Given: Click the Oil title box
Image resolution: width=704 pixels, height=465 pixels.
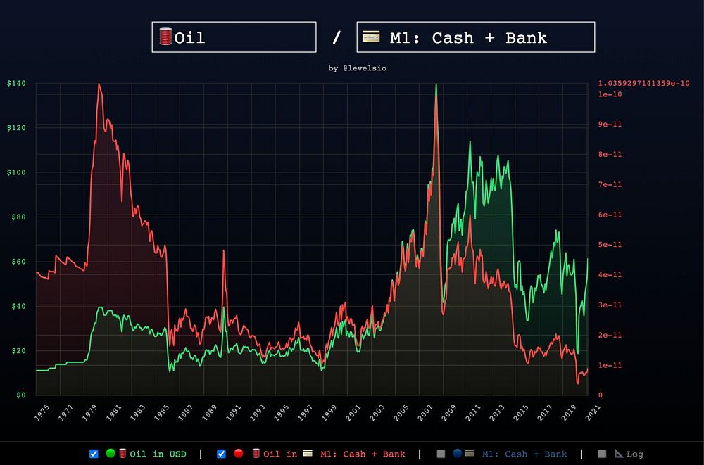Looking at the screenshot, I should [234, 37].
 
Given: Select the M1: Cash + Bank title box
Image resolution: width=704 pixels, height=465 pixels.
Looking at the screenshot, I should [476, 37].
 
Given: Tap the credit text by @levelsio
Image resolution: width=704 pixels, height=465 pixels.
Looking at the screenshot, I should [357, 68].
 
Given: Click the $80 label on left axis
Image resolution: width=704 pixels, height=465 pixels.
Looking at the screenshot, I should [18, 217].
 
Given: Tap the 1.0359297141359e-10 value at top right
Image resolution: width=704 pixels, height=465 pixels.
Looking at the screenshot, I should [644, 84].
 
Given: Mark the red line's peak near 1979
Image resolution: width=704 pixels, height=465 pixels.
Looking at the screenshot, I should [99, 84].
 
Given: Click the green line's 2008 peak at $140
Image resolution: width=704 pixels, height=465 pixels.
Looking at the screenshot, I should [436, 84].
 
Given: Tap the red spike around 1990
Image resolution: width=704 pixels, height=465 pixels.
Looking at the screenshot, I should [224, 250].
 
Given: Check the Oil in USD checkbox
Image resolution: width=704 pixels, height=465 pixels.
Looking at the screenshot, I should [94, 454].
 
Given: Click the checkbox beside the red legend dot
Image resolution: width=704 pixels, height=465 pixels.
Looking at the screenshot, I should [221, 454].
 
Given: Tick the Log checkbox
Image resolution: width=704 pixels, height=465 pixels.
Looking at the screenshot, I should [602, 454].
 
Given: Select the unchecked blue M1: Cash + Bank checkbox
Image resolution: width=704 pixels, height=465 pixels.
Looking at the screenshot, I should [441, 454].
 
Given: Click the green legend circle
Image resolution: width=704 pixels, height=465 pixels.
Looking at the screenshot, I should [111, 454].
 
